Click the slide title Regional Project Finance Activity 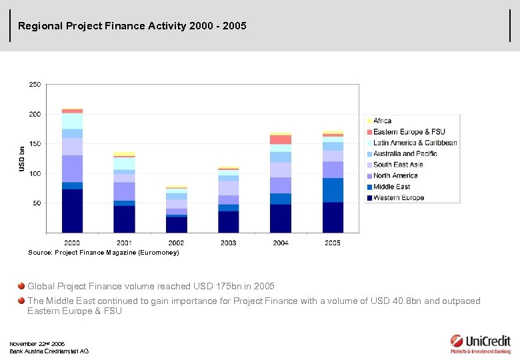coord(132,26)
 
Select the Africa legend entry coord(382,121)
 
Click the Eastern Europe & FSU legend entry coord(409,132)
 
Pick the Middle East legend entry coord(391,187)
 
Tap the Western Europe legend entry coord(398,197)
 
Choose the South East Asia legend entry coord(398,165)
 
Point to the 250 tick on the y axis coord(34,85)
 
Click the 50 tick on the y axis coord(36,203)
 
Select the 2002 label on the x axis coord(176,243)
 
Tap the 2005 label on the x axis coord(333,243)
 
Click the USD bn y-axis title coord(21,159)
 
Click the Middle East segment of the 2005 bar coord(333,190)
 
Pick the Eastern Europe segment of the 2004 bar coord(281,139)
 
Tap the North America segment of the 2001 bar coord(124,191)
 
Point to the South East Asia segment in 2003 coord(229,188)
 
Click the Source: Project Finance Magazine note coord(103,253)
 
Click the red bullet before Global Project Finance coord(21,286)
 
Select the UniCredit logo coord(480,343)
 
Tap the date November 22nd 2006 coord(37,344)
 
